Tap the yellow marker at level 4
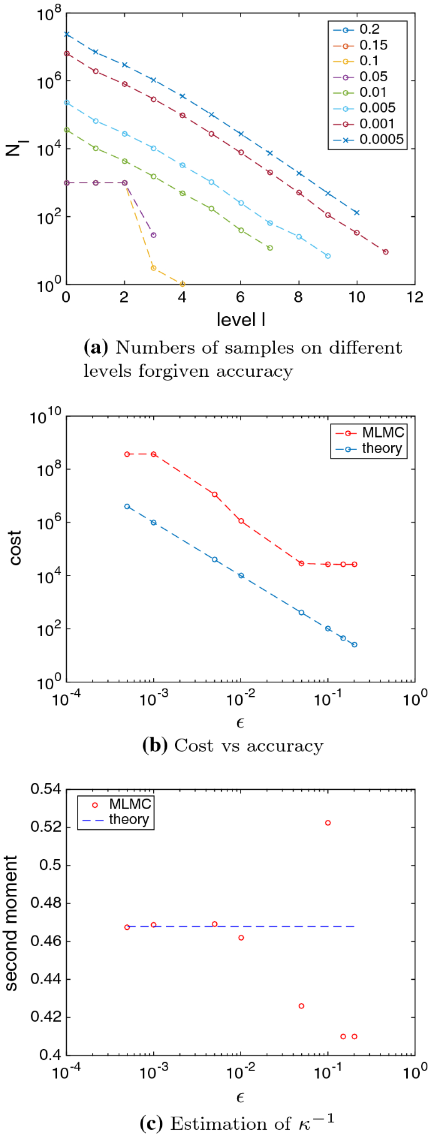(182, 284)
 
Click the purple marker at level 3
(154, 235)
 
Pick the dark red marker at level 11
(386, 252)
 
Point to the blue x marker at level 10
(357, 212)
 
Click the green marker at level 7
(270, 248)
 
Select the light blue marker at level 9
(328, 256)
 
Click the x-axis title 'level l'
(241, 320)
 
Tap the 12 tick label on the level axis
(414, 298)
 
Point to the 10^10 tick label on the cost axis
(46, 417)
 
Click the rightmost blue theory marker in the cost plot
(354, 645)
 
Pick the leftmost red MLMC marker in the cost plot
(127, 454)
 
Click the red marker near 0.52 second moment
(328, 823)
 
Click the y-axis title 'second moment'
(12, 924)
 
